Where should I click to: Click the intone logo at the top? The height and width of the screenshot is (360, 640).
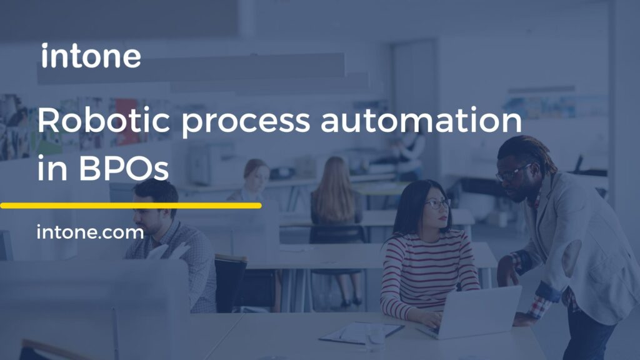91,56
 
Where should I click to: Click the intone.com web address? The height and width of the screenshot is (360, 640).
90,233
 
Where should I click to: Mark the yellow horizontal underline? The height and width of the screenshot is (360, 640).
131,205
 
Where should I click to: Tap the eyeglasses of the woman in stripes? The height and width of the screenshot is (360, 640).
437,203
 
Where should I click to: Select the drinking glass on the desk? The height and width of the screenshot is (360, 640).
375,336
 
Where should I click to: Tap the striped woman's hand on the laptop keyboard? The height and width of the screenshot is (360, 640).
431,319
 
